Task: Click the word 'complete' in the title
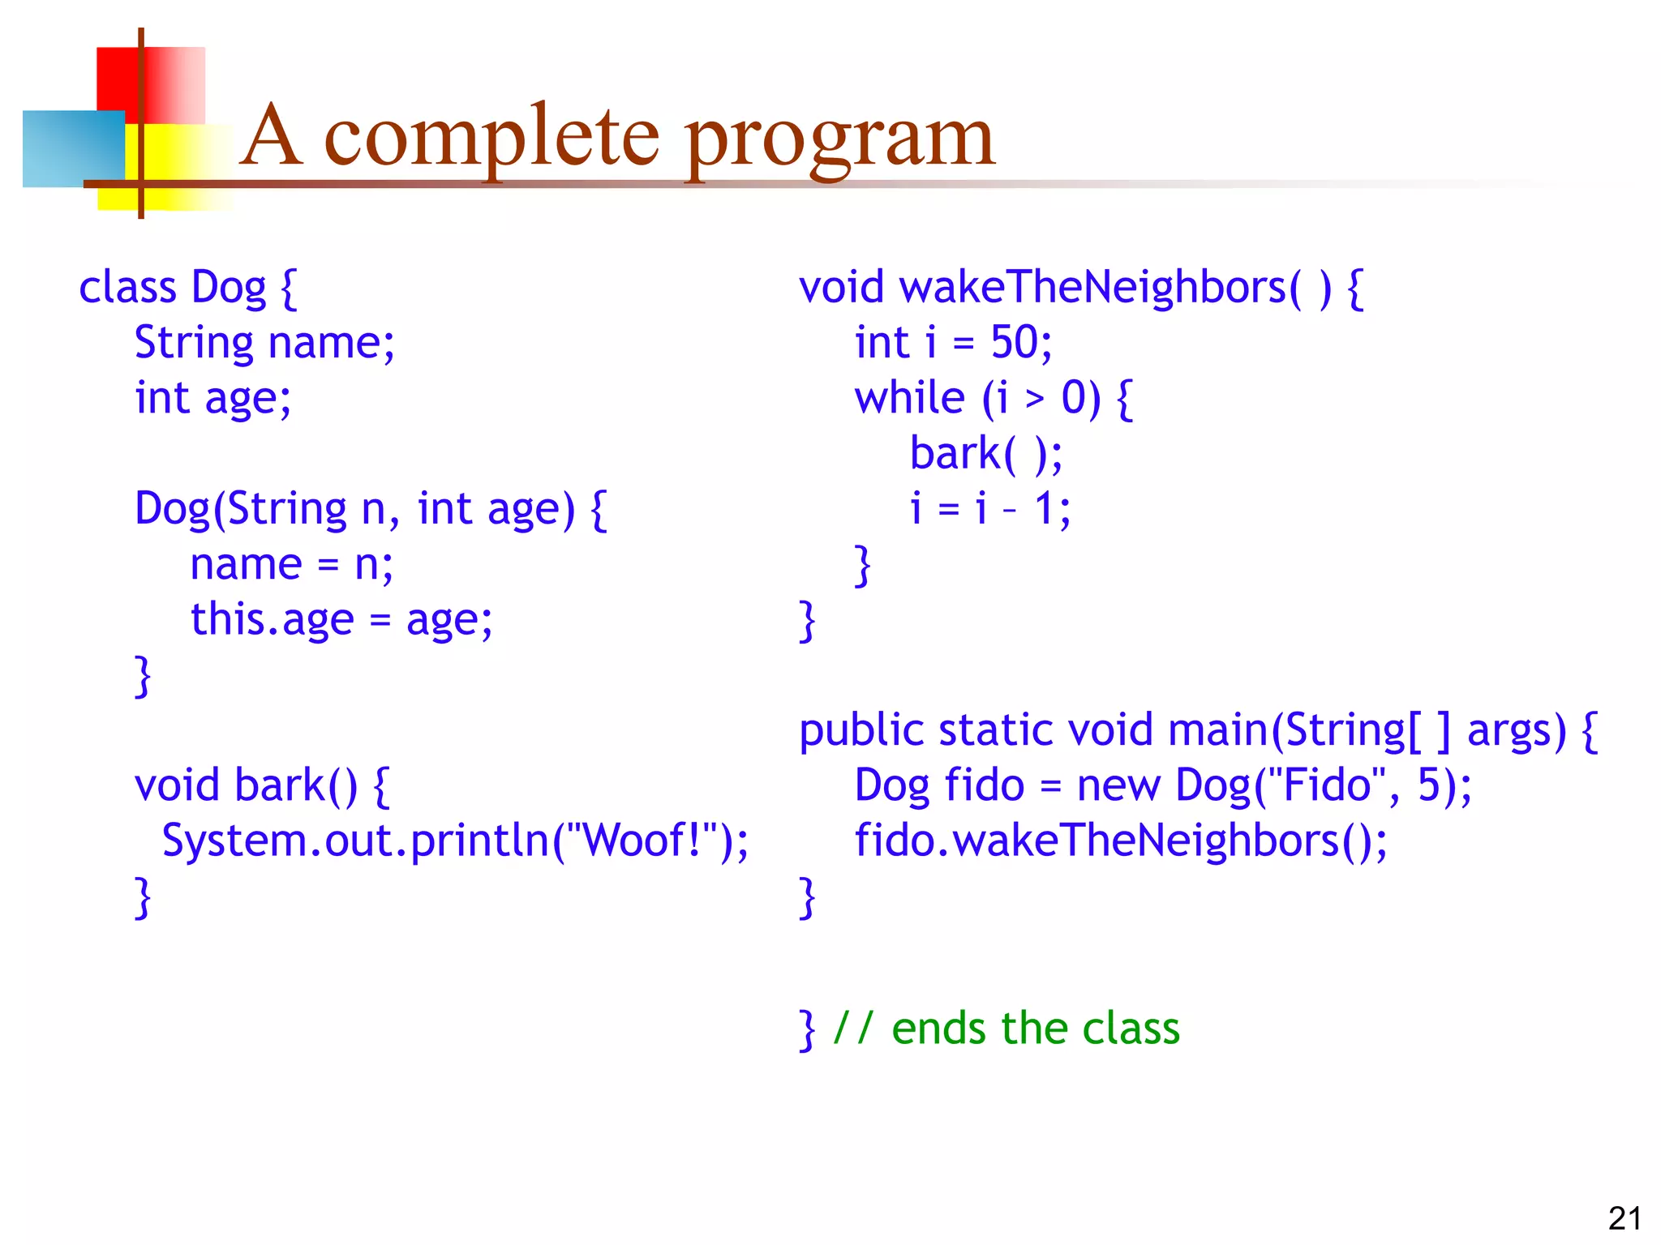[x=491, y=138]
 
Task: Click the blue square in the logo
[x=73, y=148]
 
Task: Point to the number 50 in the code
[x=1014, y=342]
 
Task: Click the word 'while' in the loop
[x=909, y=398]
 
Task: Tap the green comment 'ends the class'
[x=1035, y=1029]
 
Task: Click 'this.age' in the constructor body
[x=273, y=620]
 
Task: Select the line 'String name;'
[x=264, y=343]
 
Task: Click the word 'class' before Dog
[x=127, y=288]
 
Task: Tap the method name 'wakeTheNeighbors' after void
[x=1092, y=288]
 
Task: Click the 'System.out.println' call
[x=355, y=841]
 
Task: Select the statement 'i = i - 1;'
[x=989, y=509]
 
